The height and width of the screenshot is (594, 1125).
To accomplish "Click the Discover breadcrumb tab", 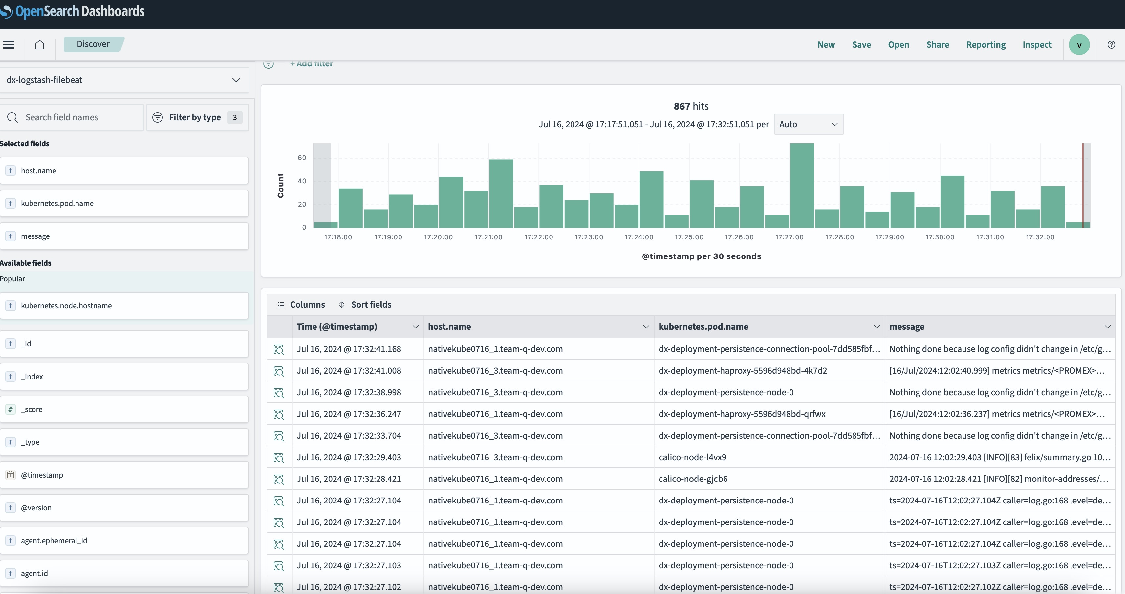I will (93, 44).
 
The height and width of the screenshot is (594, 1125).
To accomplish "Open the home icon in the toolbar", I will (40, 45).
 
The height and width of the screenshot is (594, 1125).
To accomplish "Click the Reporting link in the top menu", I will (986, 45).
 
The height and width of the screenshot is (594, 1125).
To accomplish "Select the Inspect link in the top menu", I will (1037, 45).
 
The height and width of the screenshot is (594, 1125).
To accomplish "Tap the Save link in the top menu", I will (861, 45).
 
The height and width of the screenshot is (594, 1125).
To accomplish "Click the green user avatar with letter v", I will (1079, 45).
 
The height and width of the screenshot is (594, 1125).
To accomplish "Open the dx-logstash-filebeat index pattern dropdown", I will (123, 80).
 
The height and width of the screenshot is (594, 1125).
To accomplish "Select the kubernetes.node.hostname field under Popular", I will (66, 305).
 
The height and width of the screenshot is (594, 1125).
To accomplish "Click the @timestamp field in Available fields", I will (42, 475).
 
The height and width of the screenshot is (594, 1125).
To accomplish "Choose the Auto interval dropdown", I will (808, 124).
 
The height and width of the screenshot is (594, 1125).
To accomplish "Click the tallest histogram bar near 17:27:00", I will (802, 186).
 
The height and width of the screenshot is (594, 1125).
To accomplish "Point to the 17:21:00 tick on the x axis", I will (488, 237).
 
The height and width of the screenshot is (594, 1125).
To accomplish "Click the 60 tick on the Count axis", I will (302, 158).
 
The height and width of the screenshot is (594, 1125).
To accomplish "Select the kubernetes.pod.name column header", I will (703, 326).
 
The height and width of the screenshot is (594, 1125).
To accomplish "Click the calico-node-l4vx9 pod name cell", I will (692, 457).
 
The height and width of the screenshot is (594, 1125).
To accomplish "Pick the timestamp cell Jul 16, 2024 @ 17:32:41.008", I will (349, 371).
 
